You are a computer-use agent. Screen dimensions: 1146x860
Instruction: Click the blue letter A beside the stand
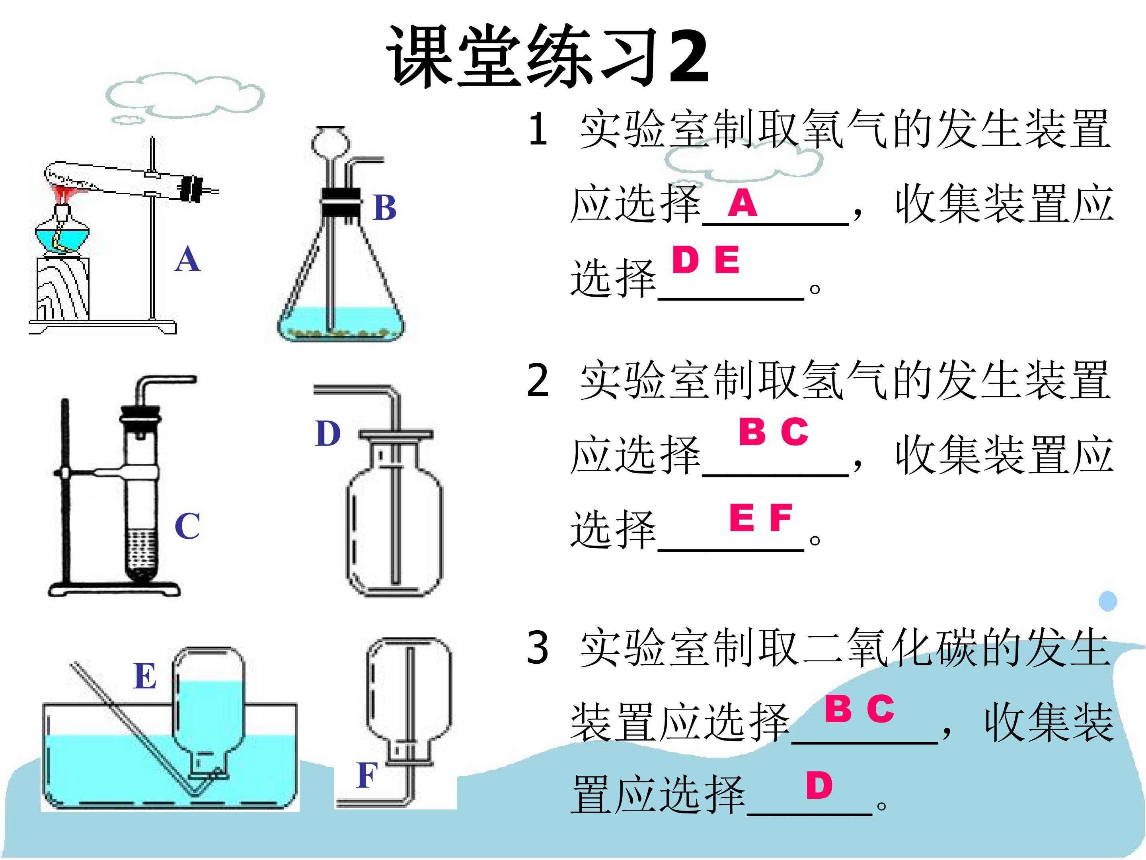(x=187, y=259)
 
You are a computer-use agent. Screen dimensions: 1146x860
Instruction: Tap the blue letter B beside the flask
(x=384, y=207)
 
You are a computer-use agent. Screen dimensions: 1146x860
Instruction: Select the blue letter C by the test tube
(x=187, y=526)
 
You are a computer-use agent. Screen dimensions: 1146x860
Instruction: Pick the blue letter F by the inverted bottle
(x=367, y=776)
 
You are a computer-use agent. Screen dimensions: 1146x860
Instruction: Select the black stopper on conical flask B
(x=340, y=203)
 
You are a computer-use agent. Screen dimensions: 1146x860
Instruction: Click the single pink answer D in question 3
(x=819, y=786)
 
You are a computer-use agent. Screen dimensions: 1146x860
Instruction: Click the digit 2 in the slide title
(x=688, y=56)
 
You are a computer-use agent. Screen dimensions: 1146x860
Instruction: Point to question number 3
(x=537, y=647)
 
